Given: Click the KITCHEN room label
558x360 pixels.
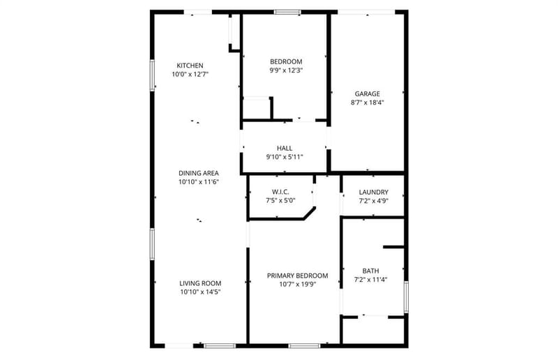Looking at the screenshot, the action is (190, 66).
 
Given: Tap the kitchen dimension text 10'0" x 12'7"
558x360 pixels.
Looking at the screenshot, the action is (190, 75).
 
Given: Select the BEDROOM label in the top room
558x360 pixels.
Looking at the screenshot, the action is (286, 61).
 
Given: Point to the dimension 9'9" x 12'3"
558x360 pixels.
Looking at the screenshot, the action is (286, 70).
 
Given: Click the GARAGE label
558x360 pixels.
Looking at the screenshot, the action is (368, 94).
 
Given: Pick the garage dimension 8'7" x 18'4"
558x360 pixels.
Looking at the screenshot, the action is (368, 103).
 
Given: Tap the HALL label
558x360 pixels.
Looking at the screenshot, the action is (285, 148).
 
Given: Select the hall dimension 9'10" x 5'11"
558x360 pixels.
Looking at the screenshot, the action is (285, 157).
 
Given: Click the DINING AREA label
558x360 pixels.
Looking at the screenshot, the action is (199, 174).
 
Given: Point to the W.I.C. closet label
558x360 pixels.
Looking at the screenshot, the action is (280, 192).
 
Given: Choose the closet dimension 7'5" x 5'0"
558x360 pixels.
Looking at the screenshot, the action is (280, 201).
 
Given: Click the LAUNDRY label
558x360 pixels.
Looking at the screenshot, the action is (374, 193).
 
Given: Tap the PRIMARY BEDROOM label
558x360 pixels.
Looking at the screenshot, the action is (298, 276).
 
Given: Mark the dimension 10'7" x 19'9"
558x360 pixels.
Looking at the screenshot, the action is (298, 285).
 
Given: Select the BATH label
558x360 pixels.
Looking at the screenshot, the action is (371, 271).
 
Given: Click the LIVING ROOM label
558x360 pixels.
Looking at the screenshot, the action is (200, 283).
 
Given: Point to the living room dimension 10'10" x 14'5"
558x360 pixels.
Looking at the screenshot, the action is (200, 292).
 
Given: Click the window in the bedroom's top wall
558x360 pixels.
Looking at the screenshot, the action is (287, 13).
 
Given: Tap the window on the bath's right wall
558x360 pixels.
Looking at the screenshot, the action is (406, 297).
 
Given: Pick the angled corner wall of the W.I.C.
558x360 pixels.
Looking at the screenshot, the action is (309, 213).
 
